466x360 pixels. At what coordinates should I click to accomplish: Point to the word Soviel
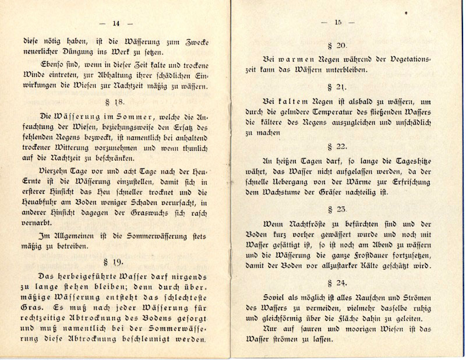pos(277,298)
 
